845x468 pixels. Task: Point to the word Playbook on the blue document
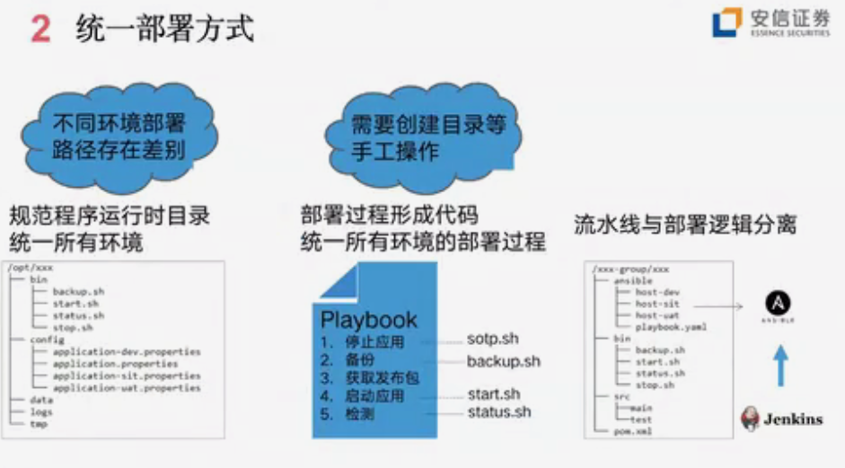368,320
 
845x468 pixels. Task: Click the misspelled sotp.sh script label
493,340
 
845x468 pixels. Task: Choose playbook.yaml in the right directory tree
670,328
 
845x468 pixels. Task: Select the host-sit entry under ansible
657,305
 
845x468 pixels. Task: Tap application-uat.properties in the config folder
126,388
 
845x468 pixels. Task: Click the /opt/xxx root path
25,268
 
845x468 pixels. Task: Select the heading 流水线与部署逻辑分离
687,224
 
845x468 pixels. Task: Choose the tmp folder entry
39,423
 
